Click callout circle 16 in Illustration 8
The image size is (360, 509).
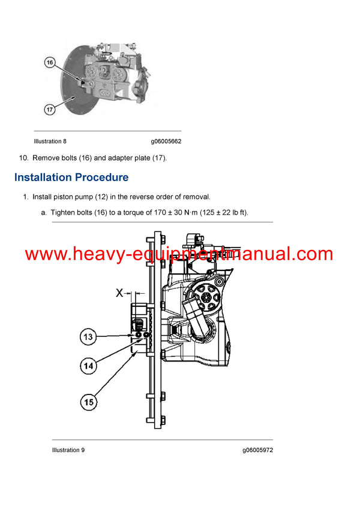pos(49,62)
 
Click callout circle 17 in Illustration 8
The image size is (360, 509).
pos(49,109)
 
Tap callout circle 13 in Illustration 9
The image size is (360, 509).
pos(88,338)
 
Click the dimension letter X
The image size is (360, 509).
pos(120,293)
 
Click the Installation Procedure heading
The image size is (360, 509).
pos(71,177)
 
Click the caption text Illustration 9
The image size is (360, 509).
pos(68,450)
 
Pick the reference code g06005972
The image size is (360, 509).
pos(258,450)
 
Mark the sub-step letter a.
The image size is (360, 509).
pos(44,212)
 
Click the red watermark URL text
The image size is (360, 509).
pos(179,254)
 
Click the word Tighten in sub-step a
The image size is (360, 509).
pos(65,212)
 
